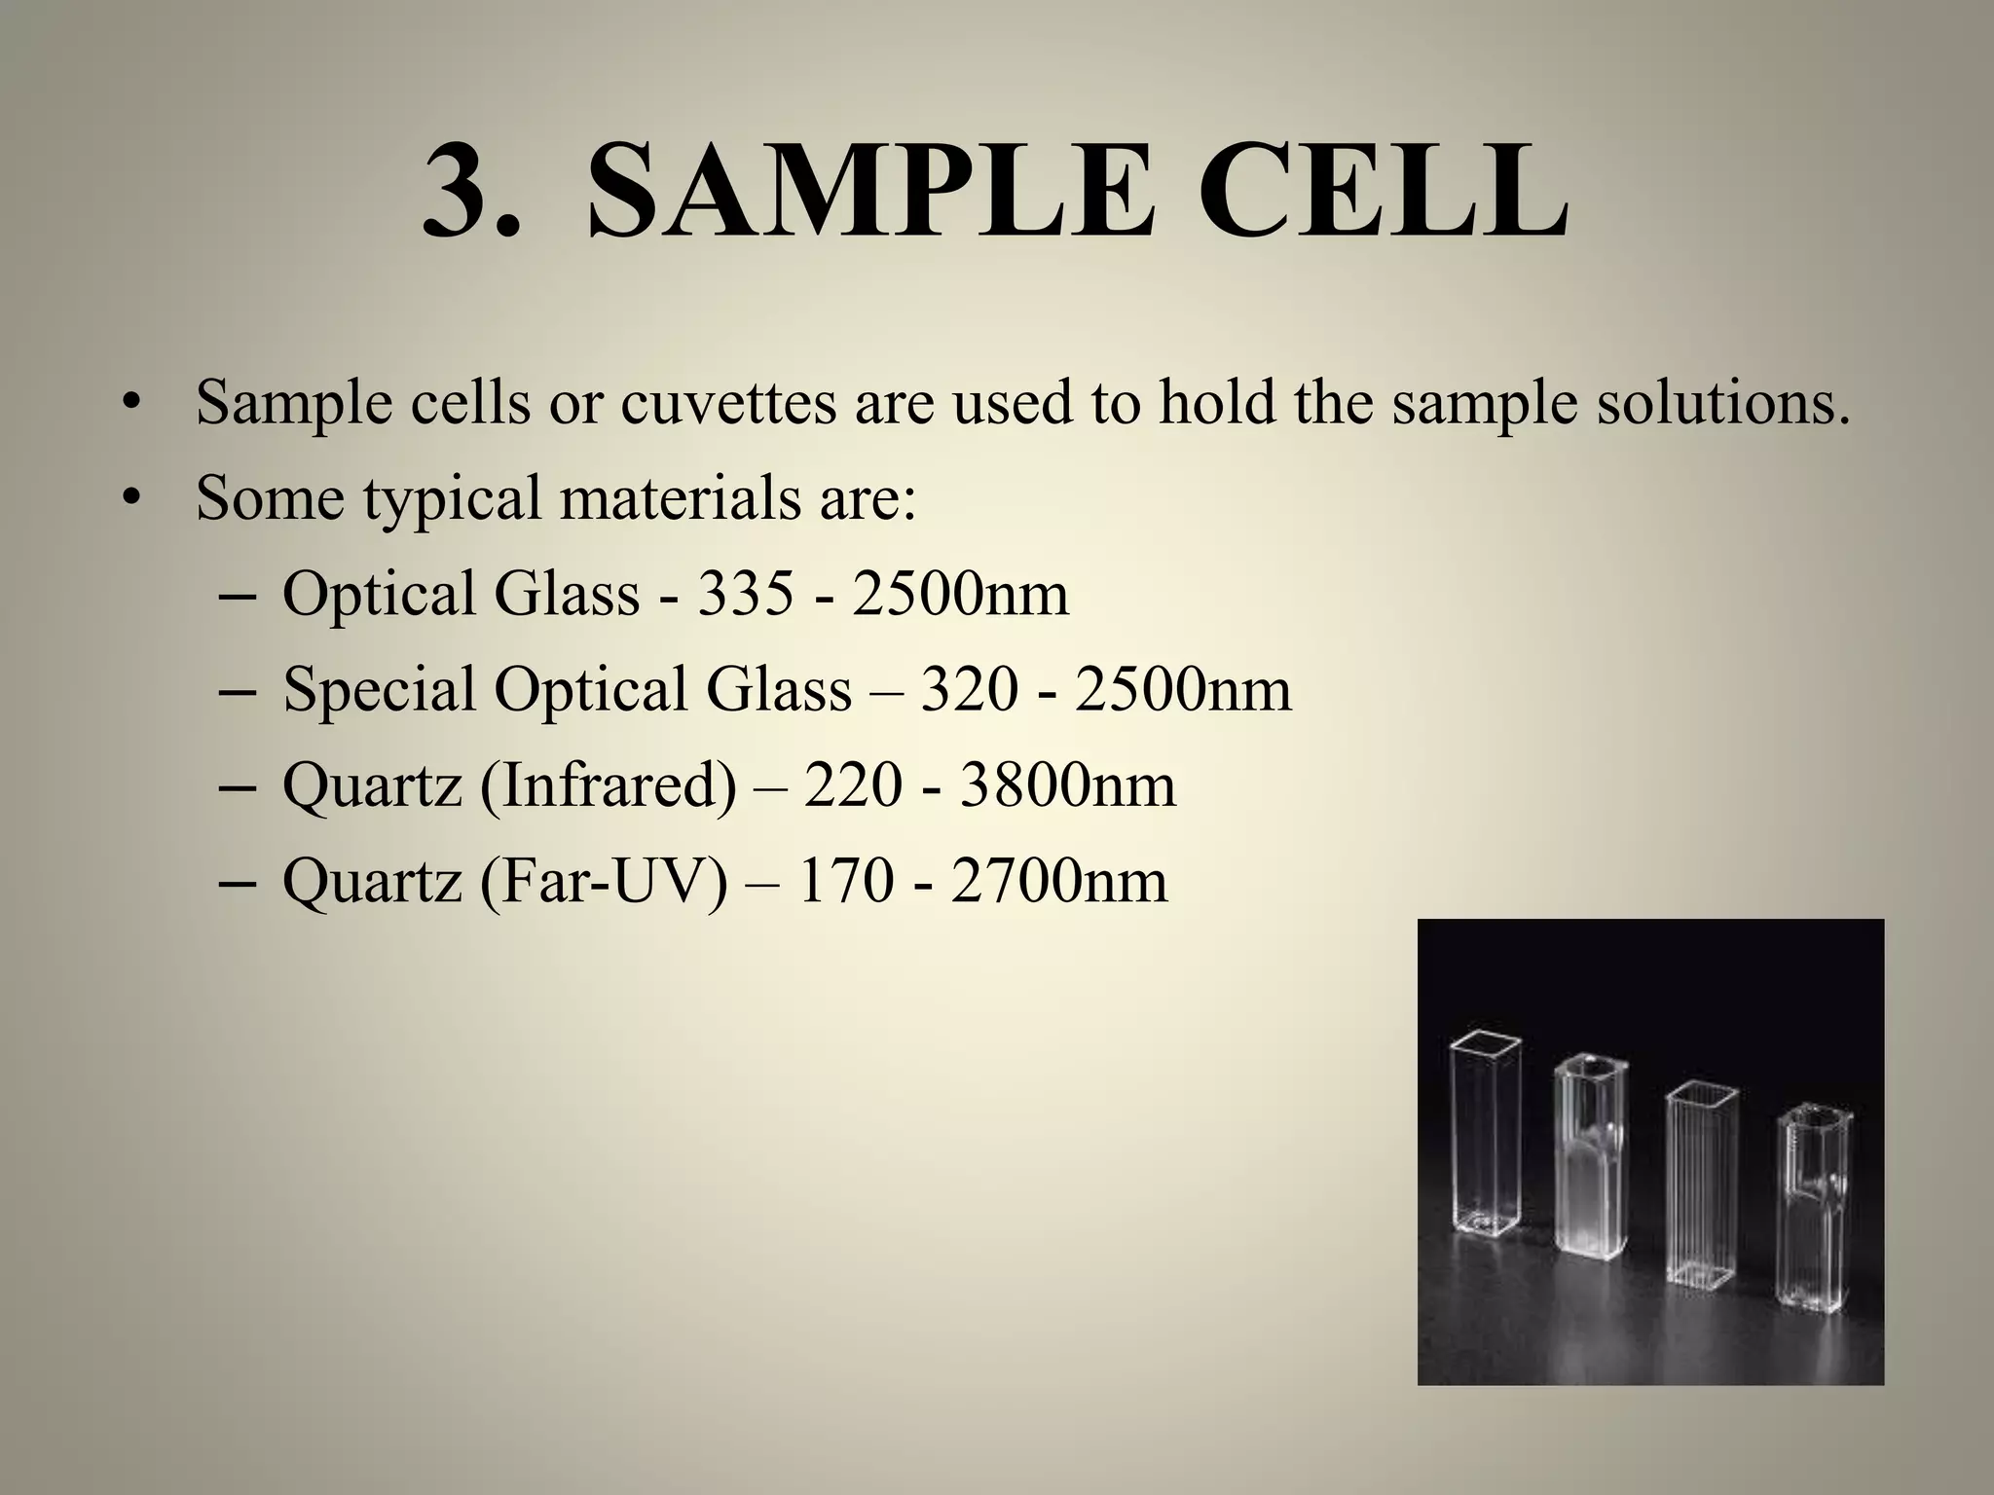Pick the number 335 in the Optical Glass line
coord(746,593)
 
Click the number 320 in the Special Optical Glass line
coord(970,688)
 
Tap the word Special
coord(379,688)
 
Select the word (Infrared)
coord(608,784)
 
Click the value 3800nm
coord(1068,784)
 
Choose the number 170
coord(845,880)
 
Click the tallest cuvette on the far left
coord(1486,1149)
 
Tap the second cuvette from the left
coord(1591,1168)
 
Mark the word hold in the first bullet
coord(1216,402)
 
